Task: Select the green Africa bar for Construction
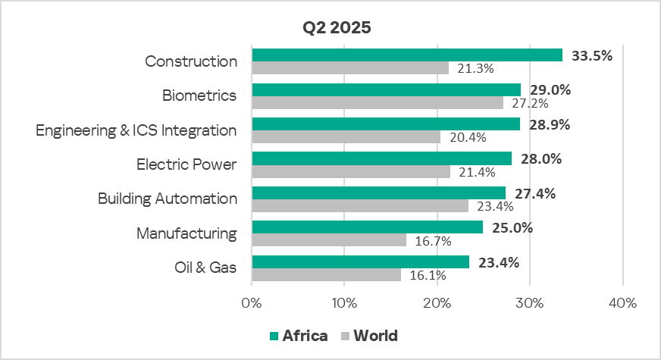(x=407, y=55)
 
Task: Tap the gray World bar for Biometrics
(x=377, y=103)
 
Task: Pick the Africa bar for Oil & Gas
(x=360, y=262)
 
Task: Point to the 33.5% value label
(x=591, y=55)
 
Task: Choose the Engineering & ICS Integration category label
(x=136, y=130)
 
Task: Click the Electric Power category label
(x=186, y=164)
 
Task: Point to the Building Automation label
(x=168, y=199)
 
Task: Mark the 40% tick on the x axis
(x=622, y=303)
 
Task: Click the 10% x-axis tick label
(x=344, y=303)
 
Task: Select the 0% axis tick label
(x=252, y=303)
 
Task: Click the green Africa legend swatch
(x=274, y=336)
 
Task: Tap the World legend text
(x=375, y=336)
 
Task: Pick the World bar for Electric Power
(x=350, y=172)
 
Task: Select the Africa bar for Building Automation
(x=378, y=193)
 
